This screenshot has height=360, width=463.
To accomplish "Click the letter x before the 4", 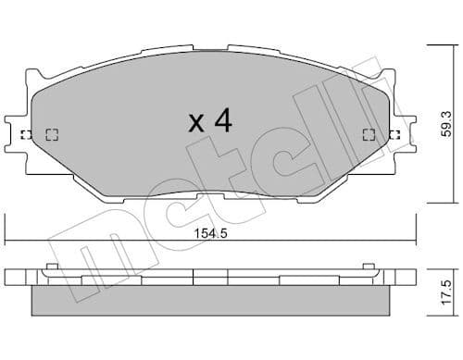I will tap(195, 123).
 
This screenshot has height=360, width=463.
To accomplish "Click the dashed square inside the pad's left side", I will tap(52, 134).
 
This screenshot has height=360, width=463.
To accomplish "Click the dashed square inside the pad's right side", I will tap(369, 134).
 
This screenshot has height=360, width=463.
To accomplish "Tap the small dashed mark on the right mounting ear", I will tap(395, 134).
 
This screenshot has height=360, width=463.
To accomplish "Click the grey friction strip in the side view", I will tap(210, 298).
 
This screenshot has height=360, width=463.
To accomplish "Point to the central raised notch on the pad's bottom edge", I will tap(210, 197).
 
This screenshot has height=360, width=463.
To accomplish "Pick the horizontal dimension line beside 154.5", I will tap(111, 243).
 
